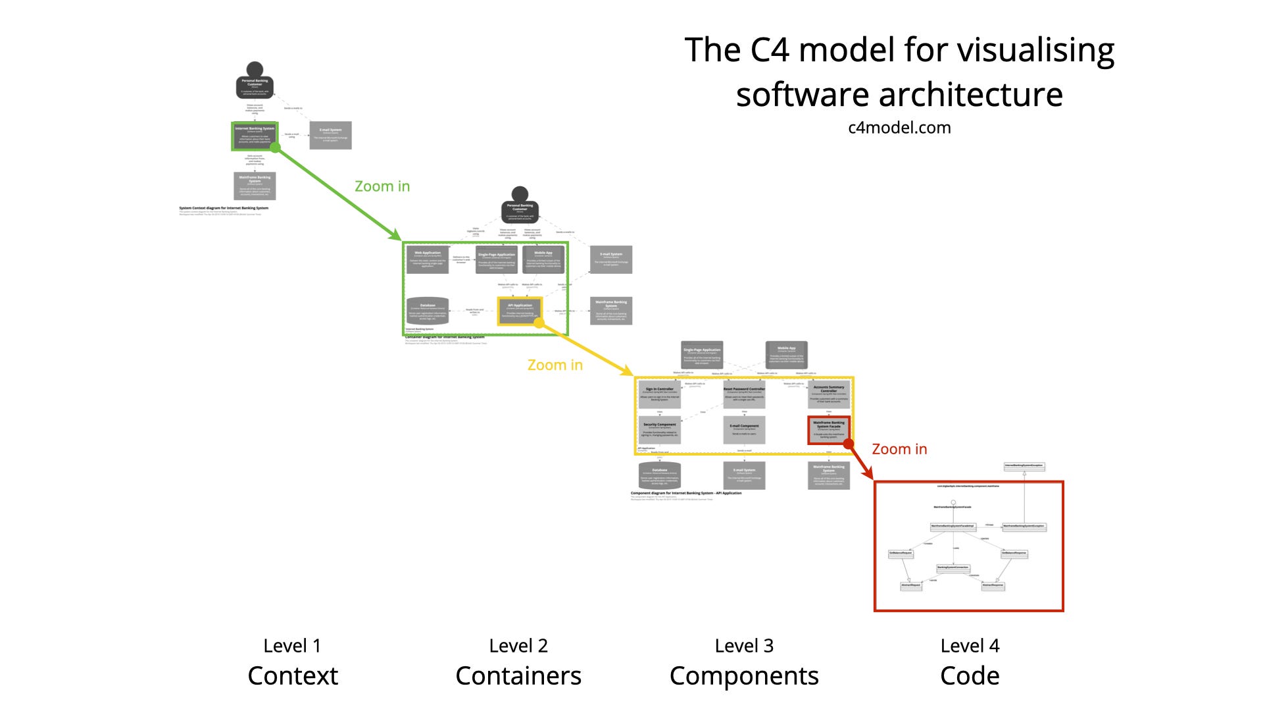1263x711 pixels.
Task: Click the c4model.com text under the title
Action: pos(899,128)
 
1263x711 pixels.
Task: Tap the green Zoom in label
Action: pos(382,186)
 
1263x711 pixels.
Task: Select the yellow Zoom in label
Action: pos(555,365)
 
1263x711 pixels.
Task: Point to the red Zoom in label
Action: pos(899,449)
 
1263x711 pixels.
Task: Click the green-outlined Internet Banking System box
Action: pos(255,136)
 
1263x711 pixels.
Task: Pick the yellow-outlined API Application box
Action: pos(520,311)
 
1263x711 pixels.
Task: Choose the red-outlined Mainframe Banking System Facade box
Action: pos(829,430)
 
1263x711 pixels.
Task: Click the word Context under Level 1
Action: pos(293,675)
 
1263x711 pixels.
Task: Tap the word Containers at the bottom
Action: pos(518,675)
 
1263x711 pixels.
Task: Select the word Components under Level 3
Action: pos(744,675)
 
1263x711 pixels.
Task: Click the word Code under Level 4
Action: pos(970,675)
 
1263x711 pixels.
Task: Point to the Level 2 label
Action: pos(518,646)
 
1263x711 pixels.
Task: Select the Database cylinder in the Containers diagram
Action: pos(428,311)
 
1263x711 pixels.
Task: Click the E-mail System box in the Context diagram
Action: pos(330,135)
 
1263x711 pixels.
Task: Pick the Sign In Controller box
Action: pos(659,394)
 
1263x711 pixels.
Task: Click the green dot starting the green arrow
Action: pos(276,147)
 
